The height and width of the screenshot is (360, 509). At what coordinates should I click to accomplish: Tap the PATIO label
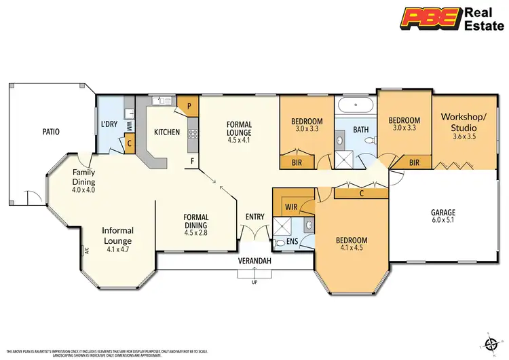47,131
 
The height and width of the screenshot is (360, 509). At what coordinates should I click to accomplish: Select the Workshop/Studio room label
464,122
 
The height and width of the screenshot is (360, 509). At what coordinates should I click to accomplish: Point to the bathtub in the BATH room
355,106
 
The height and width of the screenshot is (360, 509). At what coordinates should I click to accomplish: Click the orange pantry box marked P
189,107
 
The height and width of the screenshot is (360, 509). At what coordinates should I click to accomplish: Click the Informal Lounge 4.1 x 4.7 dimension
117,249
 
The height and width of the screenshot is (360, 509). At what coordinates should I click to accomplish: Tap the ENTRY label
255,217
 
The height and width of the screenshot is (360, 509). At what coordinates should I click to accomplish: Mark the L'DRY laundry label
109,124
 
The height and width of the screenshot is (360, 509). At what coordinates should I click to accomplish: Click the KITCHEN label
166,132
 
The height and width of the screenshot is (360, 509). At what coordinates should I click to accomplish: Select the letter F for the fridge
193,162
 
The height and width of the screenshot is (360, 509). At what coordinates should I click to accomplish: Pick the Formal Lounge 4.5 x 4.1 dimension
239,141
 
